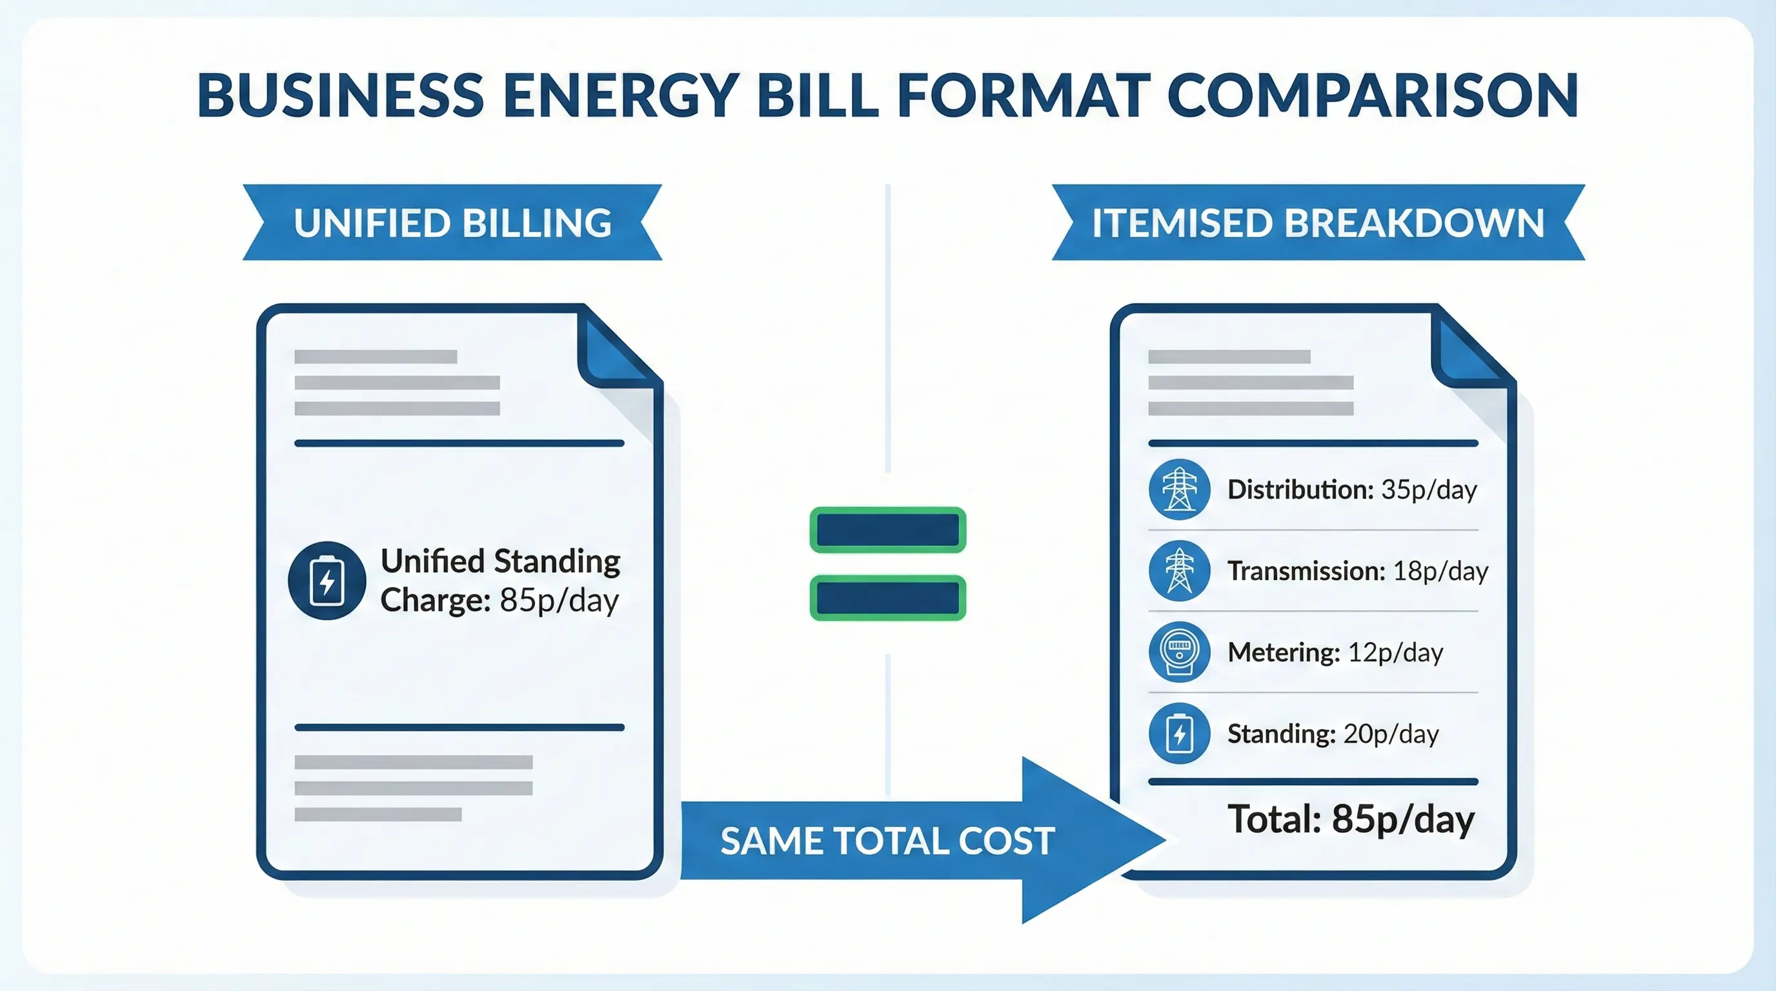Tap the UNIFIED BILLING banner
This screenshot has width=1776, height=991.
click(x=452, y=223)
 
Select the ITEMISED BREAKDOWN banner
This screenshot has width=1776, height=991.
click(x=1318, y=223)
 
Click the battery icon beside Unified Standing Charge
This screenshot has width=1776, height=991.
click(x=327, y=580)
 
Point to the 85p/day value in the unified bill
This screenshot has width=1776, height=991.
click(x=559, y=600)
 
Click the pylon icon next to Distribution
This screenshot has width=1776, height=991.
click(x=1179, y=489)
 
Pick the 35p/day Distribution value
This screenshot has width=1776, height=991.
click(x=1429, y=490)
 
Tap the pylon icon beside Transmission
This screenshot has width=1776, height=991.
click(x=1179, y=570)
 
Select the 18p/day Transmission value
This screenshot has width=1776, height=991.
click(x=1440, y=571)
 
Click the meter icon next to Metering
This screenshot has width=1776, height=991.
click(x=1179, y=652)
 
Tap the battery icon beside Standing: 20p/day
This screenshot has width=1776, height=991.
click(x=1179, y=734)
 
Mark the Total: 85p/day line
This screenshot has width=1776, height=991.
click(x=1351, y=819)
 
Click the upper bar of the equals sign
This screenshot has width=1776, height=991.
click(x=887, y=530)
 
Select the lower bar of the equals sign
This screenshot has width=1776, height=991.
click(x=887, y=597)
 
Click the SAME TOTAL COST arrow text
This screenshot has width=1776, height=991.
click(x=887, y=841)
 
